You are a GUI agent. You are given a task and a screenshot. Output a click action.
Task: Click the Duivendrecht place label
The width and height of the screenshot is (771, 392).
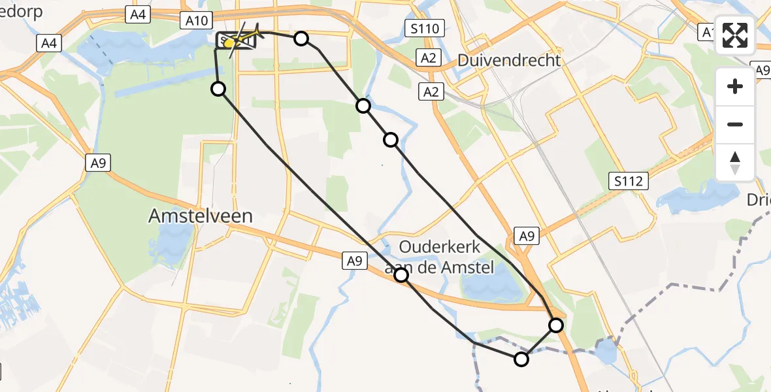(x=509, y=61)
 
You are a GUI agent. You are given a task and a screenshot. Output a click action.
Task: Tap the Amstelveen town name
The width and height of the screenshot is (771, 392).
(x=201, y=216)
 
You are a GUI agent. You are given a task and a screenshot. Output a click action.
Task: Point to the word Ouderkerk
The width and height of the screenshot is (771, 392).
(x=440, y=248)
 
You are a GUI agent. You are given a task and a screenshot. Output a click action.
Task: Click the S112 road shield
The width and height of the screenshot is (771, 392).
(x=629, y=182)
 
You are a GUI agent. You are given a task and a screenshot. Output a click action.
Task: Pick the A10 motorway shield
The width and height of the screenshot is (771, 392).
(x=197, y=21)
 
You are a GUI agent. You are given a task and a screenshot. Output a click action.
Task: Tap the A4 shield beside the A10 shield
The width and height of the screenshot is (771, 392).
(x=138, y=15)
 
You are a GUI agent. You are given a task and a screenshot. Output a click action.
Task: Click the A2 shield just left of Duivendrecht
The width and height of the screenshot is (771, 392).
(x=428, y=58)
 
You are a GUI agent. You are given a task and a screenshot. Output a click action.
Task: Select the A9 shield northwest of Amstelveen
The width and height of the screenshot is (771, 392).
(x=98, y=163)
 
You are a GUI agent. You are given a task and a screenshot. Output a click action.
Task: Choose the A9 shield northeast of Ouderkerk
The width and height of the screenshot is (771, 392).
(x=526, y=237)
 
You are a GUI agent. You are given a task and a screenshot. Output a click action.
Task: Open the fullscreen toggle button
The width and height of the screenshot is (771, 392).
(x=735, y=36)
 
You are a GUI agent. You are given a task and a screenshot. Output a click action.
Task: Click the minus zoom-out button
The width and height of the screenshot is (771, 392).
(x=735, y=124)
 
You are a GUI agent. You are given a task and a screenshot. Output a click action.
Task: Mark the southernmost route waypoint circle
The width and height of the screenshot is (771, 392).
(x=521, y=359)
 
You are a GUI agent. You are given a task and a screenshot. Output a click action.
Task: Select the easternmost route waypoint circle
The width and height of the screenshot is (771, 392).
(x=556, y=325)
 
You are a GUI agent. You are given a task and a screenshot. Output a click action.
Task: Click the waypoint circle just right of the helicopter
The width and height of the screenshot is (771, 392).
(x=301, y=39)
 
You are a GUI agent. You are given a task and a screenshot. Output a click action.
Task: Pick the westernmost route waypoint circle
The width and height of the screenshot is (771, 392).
(x=218, y=88)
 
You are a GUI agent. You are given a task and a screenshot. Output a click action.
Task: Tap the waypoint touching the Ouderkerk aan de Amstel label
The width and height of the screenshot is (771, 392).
(x=401, y=275)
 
